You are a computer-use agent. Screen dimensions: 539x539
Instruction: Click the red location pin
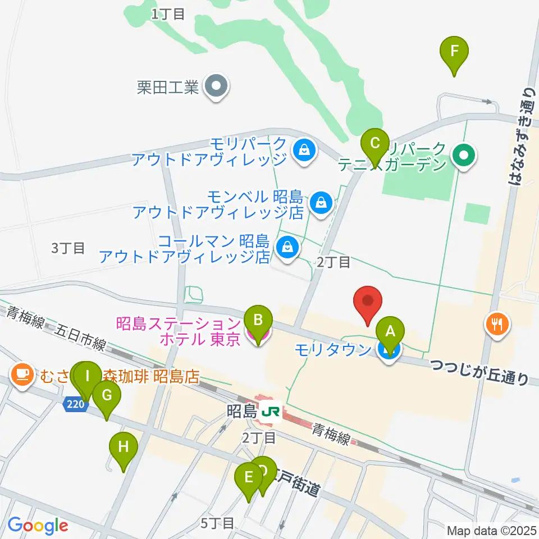click(x=368, y=304)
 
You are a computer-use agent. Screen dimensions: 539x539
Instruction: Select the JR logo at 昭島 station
click(x=271, y=412)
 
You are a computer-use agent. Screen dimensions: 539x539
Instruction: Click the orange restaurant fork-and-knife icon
click(x=497, y=323)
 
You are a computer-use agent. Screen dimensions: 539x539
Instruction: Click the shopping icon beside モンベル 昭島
click(x=321, y=200)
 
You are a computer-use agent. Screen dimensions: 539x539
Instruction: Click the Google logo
click(x=38, y=526)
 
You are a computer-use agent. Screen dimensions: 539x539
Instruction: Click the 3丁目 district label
click(x=68, y=248)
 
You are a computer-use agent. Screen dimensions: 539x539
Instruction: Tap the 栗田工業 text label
click(x=168, y=87)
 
